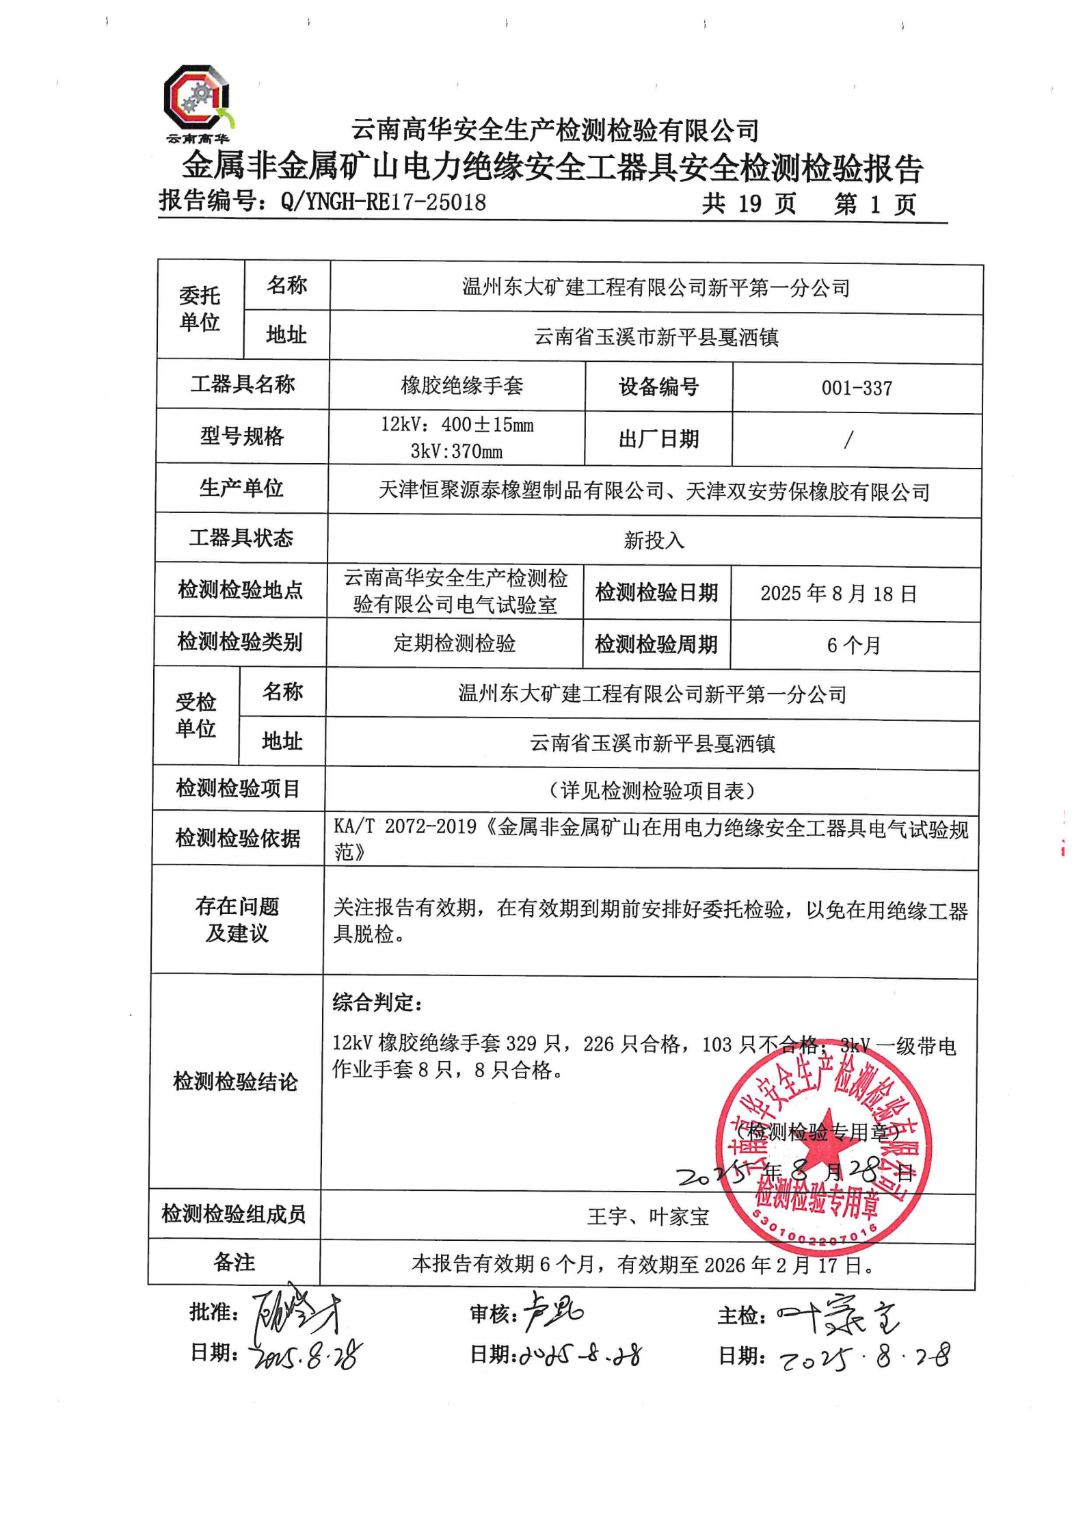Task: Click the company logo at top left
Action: click(197, 101)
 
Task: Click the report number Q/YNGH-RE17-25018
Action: click(383, 202)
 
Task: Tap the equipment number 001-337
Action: click(857, 389)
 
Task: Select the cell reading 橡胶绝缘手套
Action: click(461, 386)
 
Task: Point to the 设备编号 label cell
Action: click(658, 387)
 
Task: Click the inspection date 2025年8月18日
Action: click(838, 593)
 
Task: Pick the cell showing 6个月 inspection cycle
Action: click(853, 645)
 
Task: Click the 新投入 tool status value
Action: click(654, 540)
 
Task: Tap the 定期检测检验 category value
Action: click(454, 643)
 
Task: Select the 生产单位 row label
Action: click(241, 488)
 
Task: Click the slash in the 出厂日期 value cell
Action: click(848, 439)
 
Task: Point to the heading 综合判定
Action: click(377, 1003)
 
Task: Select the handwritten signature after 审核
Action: click(552, 1311)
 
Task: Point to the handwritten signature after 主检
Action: click(838, 1314)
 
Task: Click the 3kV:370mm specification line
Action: click(456, 451)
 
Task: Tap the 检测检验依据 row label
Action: click(238, 838)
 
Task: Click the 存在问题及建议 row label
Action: click(237, 919)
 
